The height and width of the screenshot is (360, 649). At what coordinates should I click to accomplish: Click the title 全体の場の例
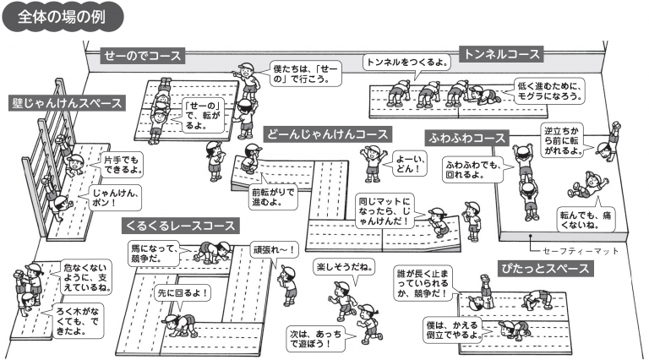[64, 17]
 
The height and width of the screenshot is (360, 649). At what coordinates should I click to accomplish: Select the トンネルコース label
[499, 55]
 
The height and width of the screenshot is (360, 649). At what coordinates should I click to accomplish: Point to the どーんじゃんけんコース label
[326, 134]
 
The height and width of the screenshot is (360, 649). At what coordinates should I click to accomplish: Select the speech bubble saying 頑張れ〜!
[274, 248]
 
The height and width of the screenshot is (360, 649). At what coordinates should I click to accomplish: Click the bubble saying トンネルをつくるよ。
[406, 63]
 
